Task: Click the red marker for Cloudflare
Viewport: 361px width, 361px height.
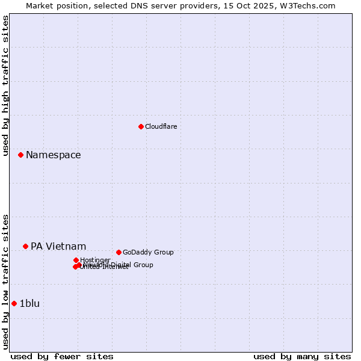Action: [x=141, y=126]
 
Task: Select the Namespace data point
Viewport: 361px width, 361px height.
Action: [x=20, y=155]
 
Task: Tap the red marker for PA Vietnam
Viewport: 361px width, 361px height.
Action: [x=25, y=246]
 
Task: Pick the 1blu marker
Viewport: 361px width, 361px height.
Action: [x=14, y=303]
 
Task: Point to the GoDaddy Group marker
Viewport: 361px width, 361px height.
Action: [x=119, y=252]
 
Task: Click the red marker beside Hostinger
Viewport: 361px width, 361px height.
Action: [x=76, y=260]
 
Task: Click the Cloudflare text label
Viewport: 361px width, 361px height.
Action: [x=161, y=126]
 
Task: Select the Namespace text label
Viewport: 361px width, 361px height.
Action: [x=53, y=155]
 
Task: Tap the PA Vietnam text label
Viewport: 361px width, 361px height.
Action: [x=58, y=246]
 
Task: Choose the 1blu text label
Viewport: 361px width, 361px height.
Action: [x=29, y=303]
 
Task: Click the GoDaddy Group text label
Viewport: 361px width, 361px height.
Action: [x=147, y=252]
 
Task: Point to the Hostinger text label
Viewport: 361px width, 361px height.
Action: [x=95, y=260]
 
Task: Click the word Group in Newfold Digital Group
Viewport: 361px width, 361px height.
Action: [x=143, y=265]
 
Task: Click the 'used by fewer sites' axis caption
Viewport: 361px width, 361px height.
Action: [x=61, y=356]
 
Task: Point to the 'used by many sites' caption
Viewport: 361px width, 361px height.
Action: [x=302, y=356]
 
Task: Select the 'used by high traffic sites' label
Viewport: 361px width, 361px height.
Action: [x=5, y=85]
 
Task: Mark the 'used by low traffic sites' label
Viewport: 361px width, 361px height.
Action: [x=5, y=282]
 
